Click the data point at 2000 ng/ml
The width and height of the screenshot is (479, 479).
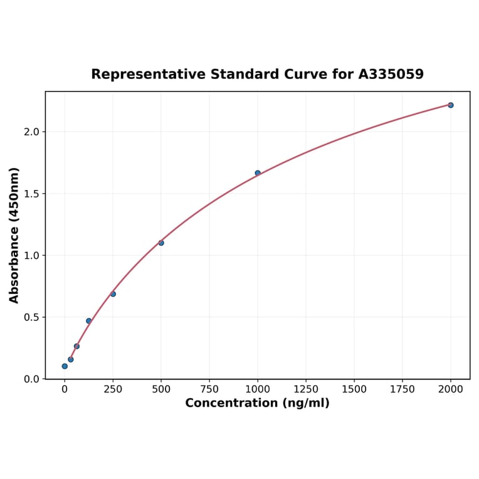tap(450, 105)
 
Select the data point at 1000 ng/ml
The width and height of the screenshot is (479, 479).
tap(258, 173)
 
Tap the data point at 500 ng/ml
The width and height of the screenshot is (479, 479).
tap(161, 243)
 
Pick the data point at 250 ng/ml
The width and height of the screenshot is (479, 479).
tap(113, 294)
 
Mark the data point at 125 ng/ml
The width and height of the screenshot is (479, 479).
tap(89, 321)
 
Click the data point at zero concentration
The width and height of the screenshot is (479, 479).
tap(65, 366)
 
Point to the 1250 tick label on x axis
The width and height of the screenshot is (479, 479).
tap(306, 389)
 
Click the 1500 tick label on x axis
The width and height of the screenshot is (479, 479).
tap(354, 389)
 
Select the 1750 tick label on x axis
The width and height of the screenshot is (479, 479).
tap(403, 389)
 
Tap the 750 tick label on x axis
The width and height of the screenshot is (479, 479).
tap(209, 389)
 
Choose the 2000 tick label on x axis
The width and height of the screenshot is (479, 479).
tap(451, 389)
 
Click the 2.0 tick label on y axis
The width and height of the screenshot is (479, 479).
tap(31, 132)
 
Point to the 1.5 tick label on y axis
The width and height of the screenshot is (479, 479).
tap(31, 194)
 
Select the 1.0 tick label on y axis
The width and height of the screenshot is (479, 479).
tap(31, 255)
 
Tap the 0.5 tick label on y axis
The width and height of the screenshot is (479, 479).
tap(31, 317)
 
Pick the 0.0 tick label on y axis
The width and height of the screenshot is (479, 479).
tap(31, 379)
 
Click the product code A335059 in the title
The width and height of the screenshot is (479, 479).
tap(391, 75)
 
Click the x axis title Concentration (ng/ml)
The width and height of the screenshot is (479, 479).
tap(257, 403)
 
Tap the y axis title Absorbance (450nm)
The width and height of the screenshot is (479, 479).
tap(14, 235)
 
